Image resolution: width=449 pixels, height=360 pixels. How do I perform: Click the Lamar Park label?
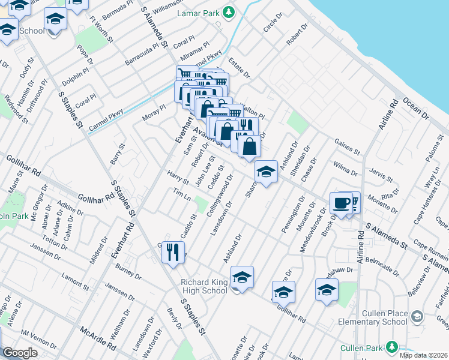point(198,13)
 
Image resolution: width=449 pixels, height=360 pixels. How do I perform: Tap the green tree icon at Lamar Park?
point(228,12)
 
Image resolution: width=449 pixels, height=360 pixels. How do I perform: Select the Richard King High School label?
point(205,286)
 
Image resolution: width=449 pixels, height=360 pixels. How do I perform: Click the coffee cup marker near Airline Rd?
point(342,203)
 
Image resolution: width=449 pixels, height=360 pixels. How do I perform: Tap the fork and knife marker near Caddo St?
point(173,252)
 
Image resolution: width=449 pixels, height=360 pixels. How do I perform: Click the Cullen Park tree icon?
point(392,347)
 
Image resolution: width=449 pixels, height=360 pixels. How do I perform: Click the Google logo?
point(20,352)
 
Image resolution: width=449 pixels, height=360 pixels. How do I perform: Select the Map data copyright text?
point(424,355)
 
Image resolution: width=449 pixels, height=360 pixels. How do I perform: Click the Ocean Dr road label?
point(414,112)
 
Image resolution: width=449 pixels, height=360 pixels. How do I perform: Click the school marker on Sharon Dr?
point(265,172)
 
